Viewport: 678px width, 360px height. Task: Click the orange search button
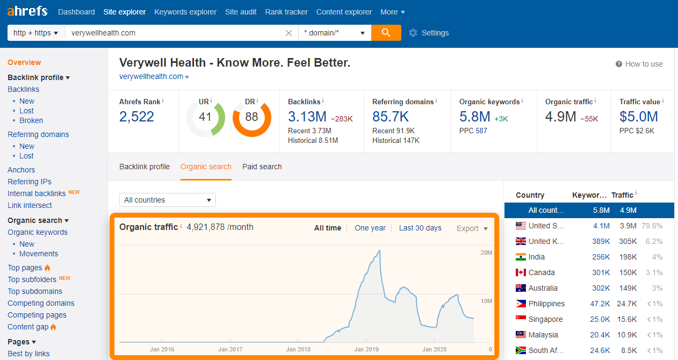(x=386, y=33)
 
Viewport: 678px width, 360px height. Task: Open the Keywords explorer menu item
(x=185, y=12)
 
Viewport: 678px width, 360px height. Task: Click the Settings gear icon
(x=413, y=33)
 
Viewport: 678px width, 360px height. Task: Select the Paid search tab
(x=262, y=167)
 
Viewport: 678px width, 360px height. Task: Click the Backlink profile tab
(x=145, y=167)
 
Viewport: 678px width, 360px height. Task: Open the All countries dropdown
(x=167, y=200)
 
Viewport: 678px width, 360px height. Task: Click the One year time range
(x=370, y=228)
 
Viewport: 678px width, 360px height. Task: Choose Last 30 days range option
(x=420, y=228)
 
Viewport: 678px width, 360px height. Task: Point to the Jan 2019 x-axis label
(x=366, y=349)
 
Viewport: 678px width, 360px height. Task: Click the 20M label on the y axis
(x=486, y=253)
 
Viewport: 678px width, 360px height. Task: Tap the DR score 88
(x=251, y=117)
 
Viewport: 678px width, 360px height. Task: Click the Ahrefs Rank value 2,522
(x=136, y=117)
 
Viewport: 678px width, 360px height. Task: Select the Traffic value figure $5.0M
(x=638, y=117)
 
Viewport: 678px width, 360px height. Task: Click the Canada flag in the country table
(x=521, y=272)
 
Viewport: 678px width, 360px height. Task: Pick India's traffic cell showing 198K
(x=627, y=257)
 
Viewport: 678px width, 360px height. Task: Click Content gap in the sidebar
(x=28, y=327)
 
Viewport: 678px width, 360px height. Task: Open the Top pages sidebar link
(x=25, y=268)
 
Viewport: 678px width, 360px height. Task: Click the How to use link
(x=644, y=64)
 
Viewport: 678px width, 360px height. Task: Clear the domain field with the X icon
(x=289, y=33)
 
